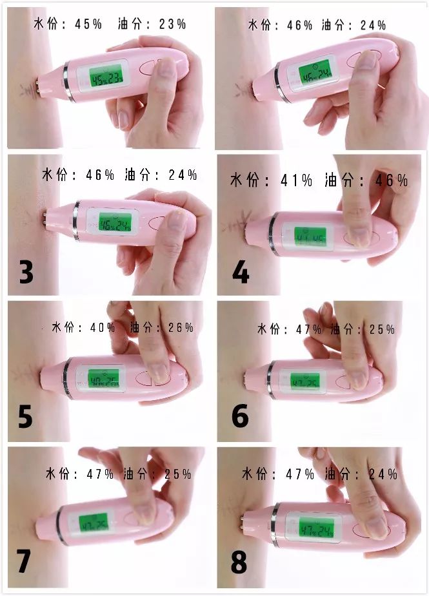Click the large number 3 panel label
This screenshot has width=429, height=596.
coord(26,273)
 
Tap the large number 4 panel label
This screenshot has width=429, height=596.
coord(241,273)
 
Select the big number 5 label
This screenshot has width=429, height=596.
coord(25,416)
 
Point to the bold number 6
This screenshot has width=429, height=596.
coord(240,416)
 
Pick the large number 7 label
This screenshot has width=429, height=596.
coord(24,561)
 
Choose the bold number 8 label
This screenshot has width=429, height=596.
coord(239,562)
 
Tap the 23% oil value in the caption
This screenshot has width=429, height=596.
coord(172,24)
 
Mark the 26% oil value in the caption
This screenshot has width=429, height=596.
coord(181,327)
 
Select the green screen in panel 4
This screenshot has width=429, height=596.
coord(308,236)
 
